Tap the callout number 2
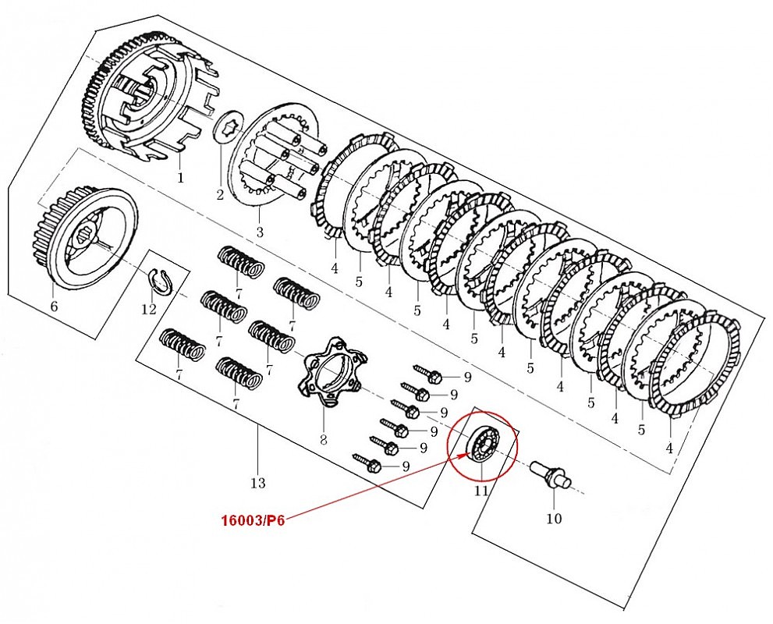(220, 193)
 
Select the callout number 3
(260, 232)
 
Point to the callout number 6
(54, 307)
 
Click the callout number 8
(323, 440)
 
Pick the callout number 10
(554, 518)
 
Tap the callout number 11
(481, 491)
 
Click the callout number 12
(149, 309)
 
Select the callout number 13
(258, 484)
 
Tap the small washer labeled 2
(229, 126)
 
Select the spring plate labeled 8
(328, 372)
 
